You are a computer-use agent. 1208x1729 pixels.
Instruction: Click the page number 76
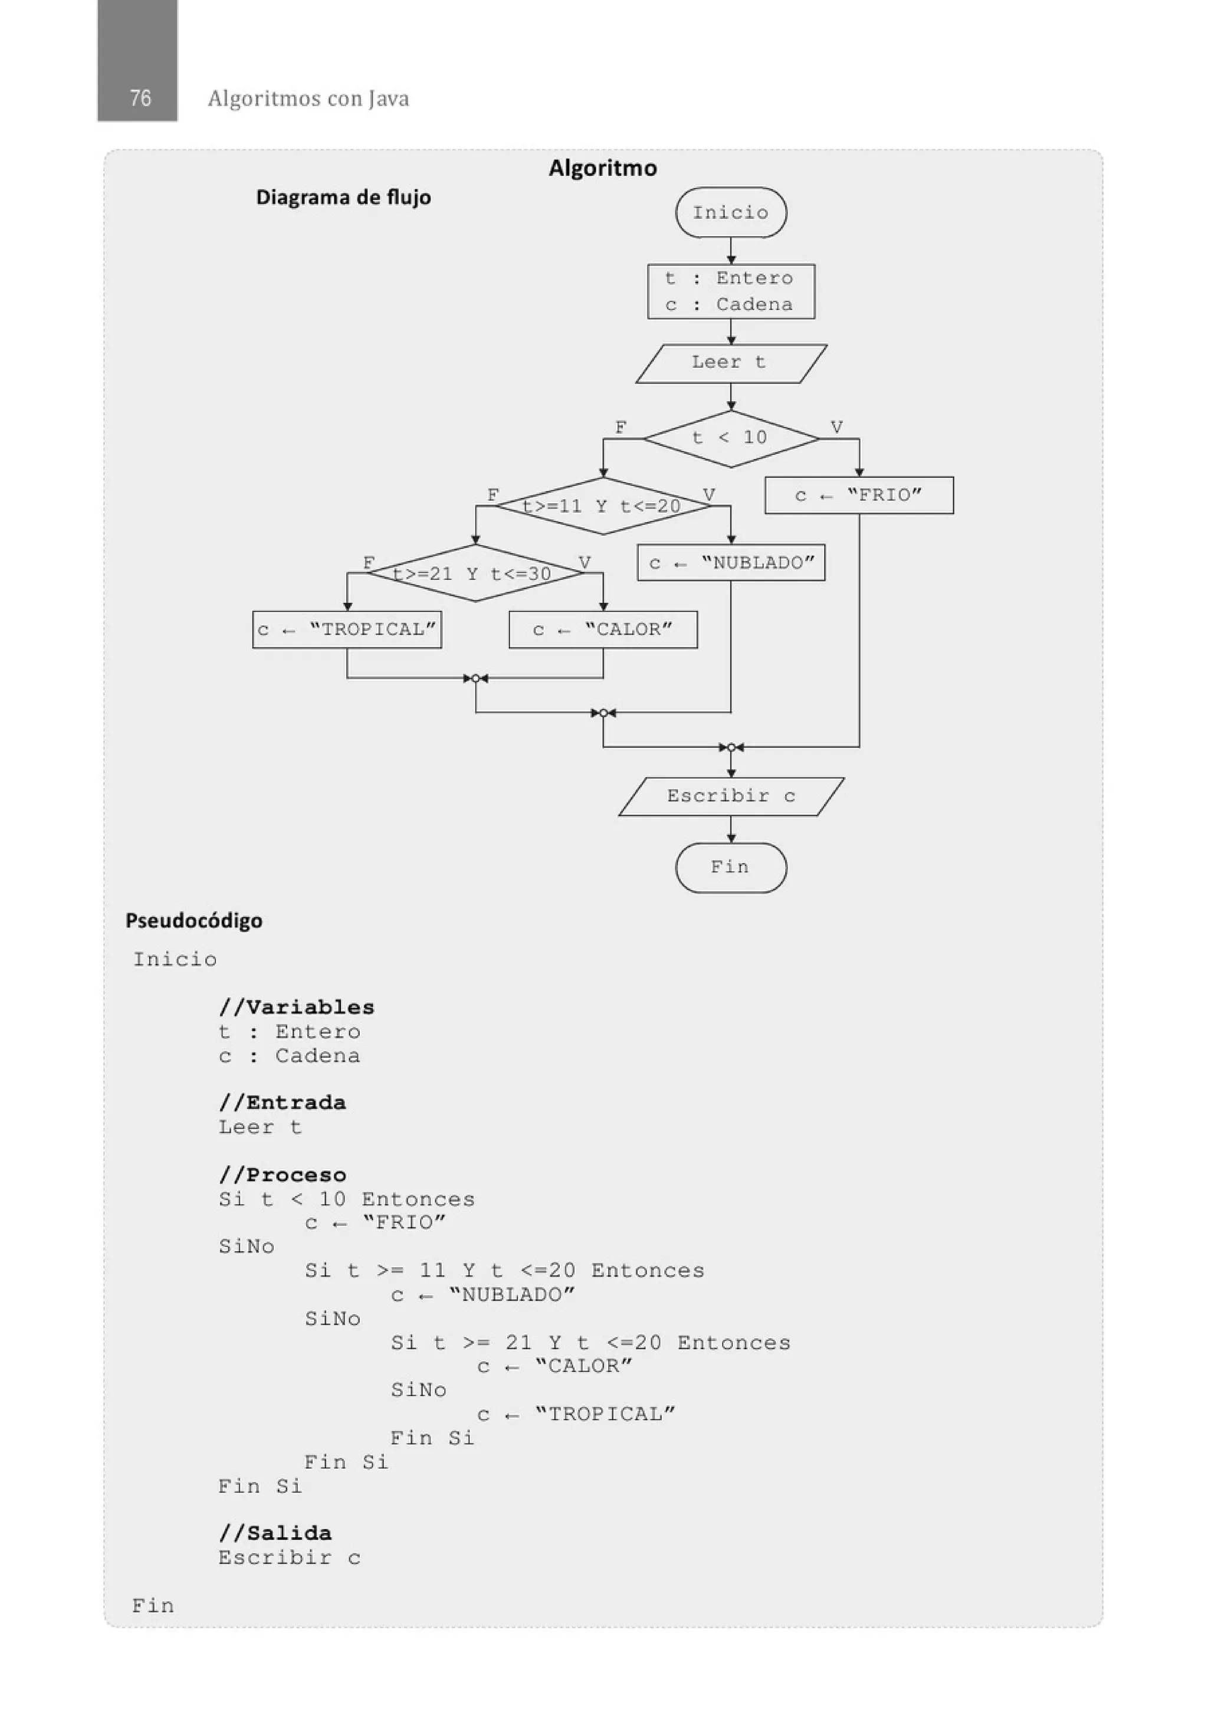140,98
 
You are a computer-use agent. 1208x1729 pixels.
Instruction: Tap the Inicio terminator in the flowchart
731,212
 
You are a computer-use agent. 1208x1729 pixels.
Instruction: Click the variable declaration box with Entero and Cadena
731,291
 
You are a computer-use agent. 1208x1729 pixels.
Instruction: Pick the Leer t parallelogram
731,363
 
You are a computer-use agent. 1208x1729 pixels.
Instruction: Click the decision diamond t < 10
731,438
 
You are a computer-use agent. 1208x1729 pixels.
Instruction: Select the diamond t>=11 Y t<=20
602,506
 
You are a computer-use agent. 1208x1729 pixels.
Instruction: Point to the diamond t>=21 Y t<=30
474,574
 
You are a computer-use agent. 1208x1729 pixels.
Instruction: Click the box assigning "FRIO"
859,496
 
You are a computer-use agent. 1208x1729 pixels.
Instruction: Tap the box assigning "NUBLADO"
731,563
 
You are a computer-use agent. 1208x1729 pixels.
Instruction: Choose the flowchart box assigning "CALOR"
602,629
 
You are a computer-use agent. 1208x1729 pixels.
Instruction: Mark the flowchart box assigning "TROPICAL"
346,629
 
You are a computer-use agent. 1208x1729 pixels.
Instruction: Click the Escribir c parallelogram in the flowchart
731,796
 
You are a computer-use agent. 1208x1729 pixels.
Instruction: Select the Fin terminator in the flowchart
731,868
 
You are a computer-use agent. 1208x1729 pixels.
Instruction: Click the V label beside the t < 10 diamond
836,427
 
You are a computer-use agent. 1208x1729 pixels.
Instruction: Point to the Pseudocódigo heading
193,920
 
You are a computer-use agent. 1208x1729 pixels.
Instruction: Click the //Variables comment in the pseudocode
296,1007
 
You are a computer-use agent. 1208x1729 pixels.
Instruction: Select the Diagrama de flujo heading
343,197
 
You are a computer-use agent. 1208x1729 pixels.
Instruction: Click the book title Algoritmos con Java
308,99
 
